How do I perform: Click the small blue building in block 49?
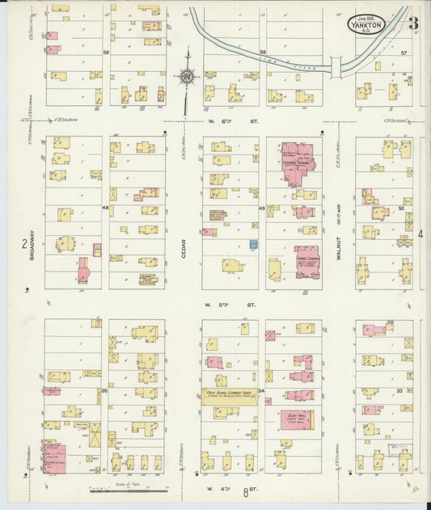click(253, 243)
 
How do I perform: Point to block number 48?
click(105, 208)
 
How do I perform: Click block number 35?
click(104, 391)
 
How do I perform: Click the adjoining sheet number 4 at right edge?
click(421, 234)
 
